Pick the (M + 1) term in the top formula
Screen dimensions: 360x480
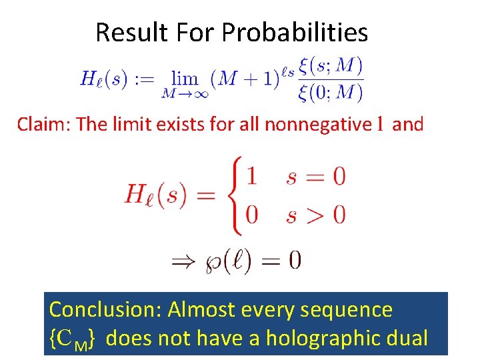[245, 79]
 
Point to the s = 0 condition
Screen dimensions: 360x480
[315, 177]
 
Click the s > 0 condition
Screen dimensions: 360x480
[315, 215]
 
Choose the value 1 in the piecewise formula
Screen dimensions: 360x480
[251, 177]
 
